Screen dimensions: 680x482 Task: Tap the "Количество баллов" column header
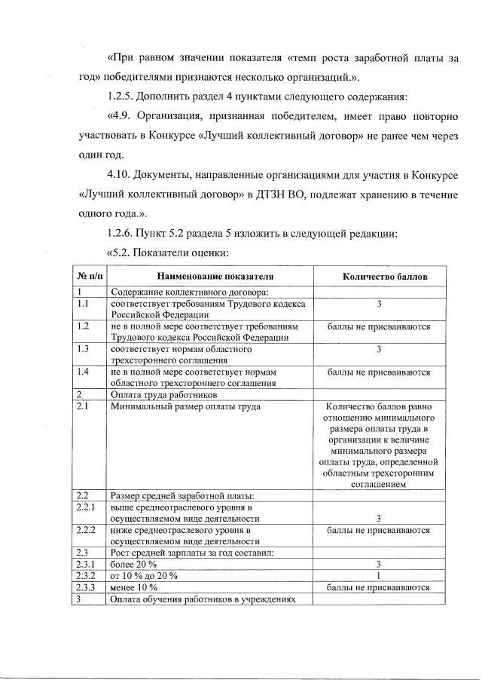pyautogui.click(x=378, y=277)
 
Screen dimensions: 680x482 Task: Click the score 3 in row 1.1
pyautogui.click(x=379, y=304)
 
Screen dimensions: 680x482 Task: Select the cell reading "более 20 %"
pyautogui.click(x=134, y=565)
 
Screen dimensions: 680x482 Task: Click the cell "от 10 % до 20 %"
pyautogui.click(x=145, y=576)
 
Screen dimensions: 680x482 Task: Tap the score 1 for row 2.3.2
pyautogui.click(x=379, y=576)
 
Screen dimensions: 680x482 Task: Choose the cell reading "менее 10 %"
pyautogui.click(x=134, y=587)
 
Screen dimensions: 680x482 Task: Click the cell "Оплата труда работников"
pyautogui.click(x=164, y=394)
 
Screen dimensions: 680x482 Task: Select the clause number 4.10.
pyautogui.click(x=120, y=176)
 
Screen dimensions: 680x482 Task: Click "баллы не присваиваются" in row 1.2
pyautogui.click(x=379, y=326)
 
